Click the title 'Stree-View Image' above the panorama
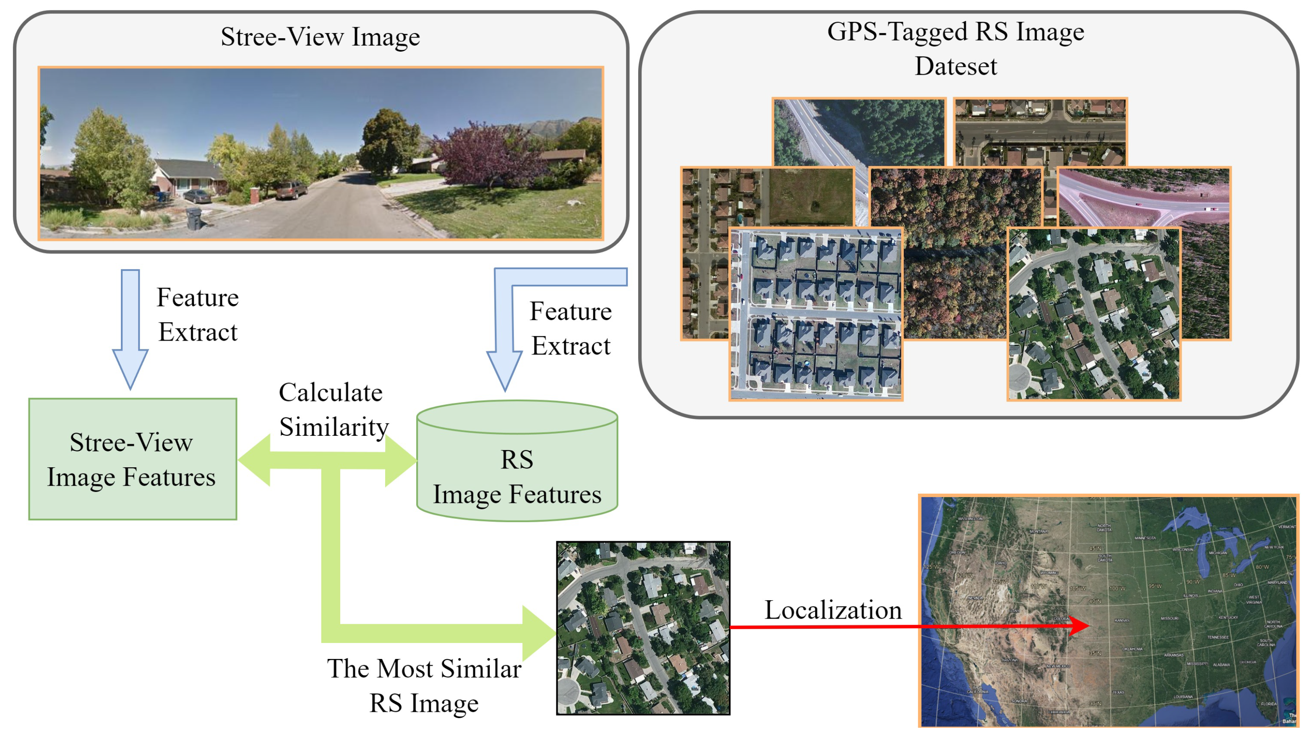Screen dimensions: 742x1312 (320, 36)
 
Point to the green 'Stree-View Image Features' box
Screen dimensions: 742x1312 (132, 458)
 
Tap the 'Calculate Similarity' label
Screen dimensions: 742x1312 (332, 409)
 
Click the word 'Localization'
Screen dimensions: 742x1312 (832, 609)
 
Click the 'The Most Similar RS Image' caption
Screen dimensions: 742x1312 (424, 685)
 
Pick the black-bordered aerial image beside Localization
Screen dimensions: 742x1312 (643, 628)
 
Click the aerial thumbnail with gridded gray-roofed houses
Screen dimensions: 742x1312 (816, 313)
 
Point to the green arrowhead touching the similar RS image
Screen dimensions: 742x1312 (538, 633)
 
